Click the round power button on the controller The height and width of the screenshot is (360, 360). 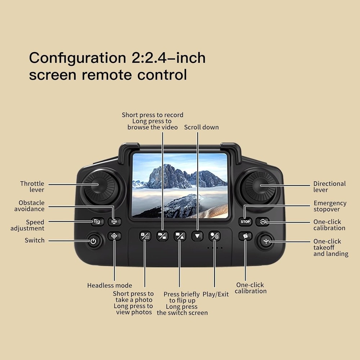pos(93,241)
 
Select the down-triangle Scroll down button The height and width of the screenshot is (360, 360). pos(197,236)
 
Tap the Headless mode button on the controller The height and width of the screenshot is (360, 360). pos(114,237)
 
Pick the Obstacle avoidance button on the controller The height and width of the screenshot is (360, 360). pos(114,222)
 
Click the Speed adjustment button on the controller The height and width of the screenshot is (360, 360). pos(97,222)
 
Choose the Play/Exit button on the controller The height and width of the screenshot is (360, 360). pos(215,236)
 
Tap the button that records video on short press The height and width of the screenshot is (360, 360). pos(162,236)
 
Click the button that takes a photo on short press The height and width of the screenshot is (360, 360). pos(145,236)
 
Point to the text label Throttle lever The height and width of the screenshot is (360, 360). pos(32,187)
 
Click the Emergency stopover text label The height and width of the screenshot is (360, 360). pos(329,206)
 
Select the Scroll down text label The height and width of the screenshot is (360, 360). pos(201,127)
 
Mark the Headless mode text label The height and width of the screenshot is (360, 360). pos(109,285)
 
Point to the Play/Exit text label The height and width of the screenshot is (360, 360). pos(216,294)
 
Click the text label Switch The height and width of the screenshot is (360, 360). pos(35,240)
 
